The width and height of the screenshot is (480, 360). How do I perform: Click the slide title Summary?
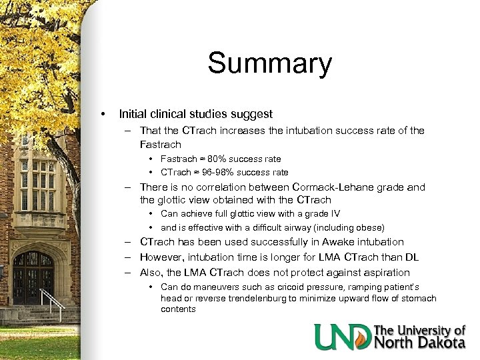click(269, 64)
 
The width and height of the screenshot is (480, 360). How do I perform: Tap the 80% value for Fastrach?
click(216, 159)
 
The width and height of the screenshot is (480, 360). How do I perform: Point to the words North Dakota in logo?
click(420, 343)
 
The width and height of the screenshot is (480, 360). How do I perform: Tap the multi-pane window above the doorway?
click(38, 183)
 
